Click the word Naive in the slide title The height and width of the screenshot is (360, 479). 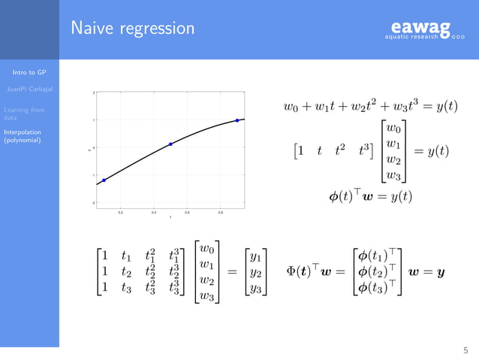point(92,29)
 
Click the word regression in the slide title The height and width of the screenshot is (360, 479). point(156,29)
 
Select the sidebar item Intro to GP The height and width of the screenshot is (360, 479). point(30,73)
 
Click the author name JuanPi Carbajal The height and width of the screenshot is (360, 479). point(29,89)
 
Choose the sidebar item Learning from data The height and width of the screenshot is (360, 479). point(23,113)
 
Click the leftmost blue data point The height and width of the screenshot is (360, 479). point(104,180)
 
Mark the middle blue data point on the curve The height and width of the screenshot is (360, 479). point(170,144)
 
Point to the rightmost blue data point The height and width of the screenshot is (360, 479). point(237,120)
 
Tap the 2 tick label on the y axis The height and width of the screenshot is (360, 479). point(93,92)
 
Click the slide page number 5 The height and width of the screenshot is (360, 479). point(465,349)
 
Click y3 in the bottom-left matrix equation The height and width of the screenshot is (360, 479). point(256,289)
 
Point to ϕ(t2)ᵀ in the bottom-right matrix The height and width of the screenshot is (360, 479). point(377,271)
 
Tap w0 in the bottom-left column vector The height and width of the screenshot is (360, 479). point(208,248)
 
